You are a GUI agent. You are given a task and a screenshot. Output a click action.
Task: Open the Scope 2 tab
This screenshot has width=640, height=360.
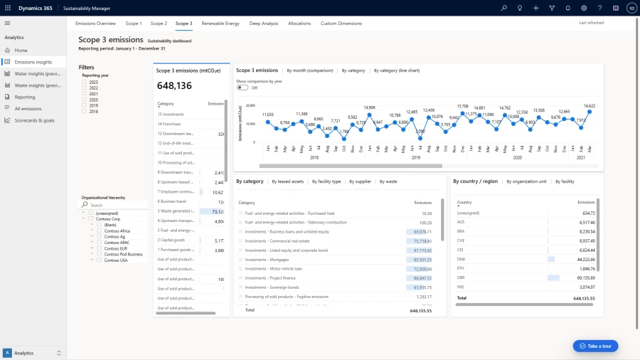159,23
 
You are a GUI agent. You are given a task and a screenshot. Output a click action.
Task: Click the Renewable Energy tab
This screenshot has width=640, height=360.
220,23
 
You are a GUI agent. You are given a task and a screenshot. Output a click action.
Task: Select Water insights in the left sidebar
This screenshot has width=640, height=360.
37,73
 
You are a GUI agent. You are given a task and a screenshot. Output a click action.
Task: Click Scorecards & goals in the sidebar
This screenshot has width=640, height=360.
34,120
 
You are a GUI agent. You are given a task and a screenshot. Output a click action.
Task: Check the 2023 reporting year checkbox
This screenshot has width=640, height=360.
85,82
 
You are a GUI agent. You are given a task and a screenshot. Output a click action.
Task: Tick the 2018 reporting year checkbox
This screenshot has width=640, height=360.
85,111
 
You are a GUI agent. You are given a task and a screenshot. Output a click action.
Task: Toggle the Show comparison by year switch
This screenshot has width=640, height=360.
242,88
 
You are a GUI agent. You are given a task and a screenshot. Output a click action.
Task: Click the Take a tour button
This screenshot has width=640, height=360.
595,346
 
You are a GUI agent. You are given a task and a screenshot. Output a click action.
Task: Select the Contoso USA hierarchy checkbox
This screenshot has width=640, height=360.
100,260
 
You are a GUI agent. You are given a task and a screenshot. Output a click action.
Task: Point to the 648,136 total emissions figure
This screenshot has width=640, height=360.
175,86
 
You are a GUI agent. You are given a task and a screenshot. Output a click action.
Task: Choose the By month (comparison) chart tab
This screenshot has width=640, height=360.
309,70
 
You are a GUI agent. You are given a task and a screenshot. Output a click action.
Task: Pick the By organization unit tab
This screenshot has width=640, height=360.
526,181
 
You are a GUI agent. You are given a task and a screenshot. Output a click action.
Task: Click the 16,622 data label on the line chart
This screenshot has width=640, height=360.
590,105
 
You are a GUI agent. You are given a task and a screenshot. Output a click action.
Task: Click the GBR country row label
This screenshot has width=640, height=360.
462,277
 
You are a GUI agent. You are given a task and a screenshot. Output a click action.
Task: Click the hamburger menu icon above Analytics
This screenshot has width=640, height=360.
7,23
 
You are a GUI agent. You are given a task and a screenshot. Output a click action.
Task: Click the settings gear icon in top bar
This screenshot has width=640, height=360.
584,8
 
